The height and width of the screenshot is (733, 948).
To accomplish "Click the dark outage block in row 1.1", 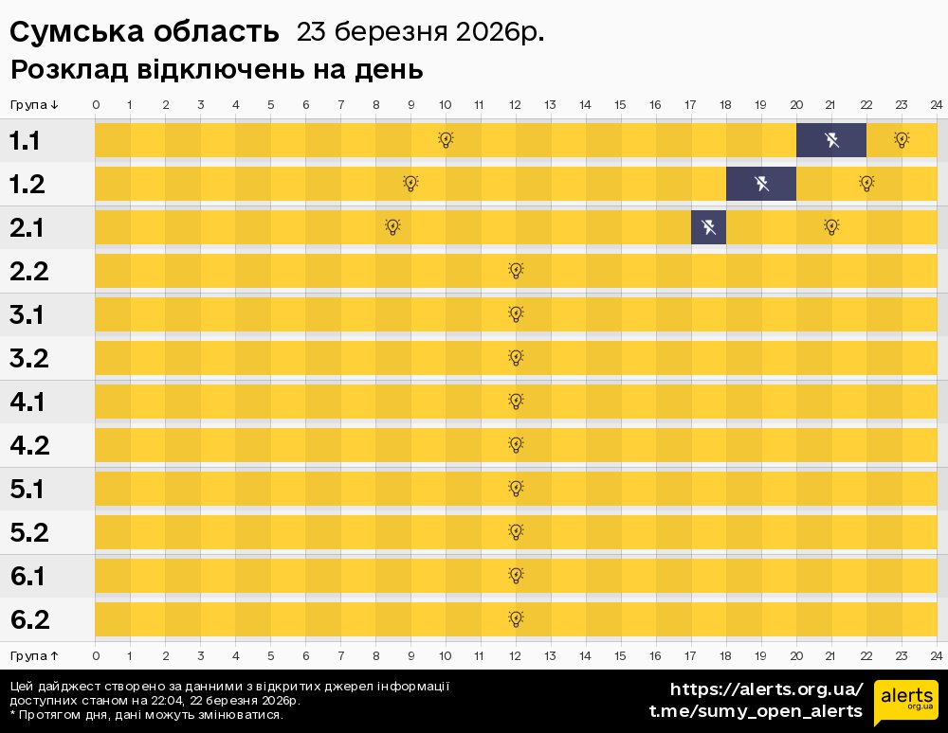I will click(x=830, y=140).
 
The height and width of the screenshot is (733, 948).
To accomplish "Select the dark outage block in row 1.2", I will click(x=760, y=184).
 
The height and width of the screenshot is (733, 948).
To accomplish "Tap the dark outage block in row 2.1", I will click(x=708, y=227).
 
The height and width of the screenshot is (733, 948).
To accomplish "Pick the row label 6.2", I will click(x=28, y=619).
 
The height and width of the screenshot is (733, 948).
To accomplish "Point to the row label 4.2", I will click(x=28, y=445).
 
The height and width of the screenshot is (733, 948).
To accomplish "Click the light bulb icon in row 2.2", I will click(x=516, y=271).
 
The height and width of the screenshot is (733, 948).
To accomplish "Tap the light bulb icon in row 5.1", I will click(x=516, y=489).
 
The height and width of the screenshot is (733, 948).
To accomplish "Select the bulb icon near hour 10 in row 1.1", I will click(x=446, y=140).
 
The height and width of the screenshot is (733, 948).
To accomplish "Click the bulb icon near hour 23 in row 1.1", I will click(x=902, y=140).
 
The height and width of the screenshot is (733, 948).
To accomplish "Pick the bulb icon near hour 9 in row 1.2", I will click(x=410, y=184).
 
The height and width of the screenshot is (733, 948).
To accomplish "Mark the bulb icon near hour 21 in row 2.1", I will click(x=831, y=227).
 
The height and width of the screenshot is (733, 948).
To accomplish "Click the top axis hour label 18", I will click(x=725, y=104).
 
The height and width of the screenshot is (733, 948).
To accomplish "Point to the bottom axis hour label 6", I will click(x=305, y=655).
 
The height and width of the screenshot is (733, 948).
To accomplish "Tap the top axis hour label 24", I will click(x=936, y=104).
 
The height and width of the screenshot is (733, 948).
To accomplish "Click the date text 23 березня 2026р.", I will click(x=420, y=32).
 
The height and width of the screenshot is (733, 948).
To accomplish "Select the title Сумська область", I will click(x=144, y=32).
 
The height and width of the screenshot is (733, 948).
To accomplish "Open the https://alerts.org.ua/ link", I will click(x=766, y=689).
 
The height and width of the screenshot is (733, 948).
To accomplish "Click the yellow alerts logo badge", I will click(x=905, y=702).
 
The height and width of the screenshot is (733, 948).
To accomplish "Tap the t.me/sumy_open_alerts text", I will click(x=756, y=711).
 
